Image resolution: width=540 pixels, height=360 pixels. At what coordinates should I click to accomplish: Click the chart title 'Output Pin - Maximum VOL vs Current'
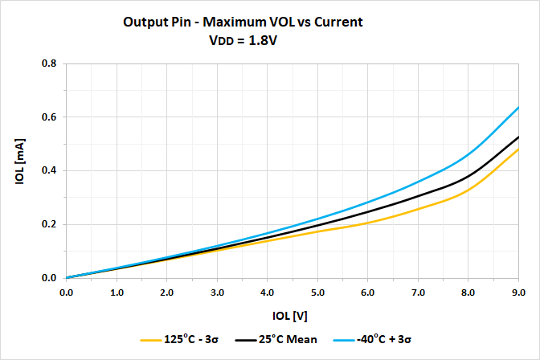[243, 22]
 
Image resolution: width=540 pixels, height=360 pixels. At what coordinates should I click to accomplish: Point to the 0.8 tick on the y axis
[49, 63]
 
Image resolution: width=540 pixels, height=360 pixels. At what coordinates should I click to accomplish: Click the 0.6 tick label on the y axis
[49, 117]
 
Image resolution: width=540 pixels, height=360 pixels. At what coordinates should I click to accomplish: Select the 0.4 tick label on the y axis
[49, 170]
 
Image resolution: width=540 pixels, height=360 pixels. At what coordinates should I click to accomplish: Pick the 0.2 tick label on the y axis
[49, 224]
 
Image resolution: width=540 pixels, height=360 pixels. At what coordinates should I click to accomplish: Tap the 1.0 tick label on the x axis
[117, 292]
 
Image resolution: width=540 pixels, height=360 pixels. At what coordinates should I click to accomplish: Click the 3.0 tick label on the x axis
[217, 292]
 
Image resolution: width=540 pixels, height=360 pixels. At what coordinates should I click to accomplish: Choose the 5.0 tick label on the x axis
[317, 292]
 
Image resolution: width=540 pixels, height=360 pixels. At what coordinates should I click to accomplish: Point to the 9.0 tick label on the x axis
[518, 292]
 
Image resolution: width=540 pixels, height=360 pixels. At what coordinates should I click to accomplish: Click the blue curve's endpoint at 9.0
[518, 108]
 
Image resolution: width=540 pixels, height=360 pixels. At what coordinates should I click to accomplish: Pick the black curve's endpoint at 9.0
[518, 137]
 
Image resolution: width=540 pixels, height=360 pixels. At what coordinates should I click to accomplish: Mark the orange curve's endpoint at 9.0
[518, 149]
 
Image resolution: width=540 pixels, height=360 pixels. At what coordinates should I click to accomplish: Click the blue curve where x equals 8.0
[468, 155]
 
